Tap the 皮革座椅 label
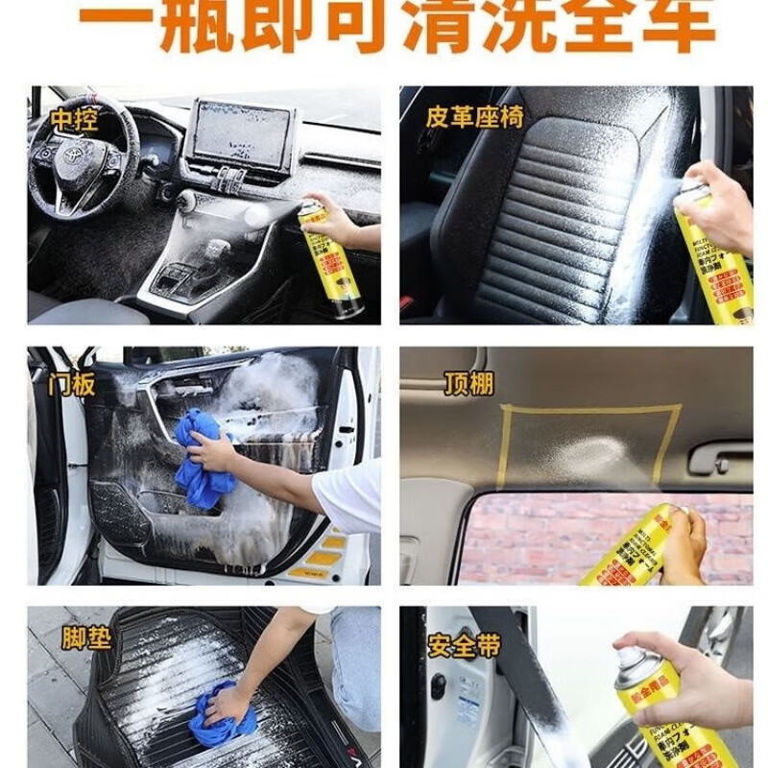point(474,117)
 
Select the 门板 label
point(72,384)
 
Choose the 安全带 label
point(465,645)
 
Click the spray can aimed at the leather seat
point(711,250)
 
